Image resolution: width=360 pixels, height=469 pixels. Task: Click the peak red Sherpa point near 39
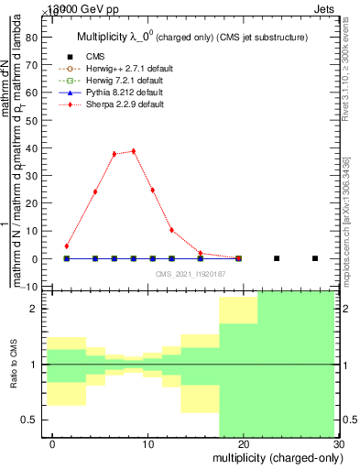(x=134, y=151)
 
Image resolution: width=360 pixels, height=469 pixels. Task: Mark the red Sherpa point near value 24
(x=95, y=191)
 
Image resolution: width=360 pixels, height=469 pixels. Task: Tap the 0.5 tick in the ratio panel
(x=36, y=420)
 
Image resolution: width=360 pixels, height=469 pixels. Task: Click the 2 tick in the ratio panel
(x=39, y=310)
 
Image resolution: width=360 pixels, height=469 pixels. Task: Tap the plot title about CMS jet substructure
(x=192, y=37)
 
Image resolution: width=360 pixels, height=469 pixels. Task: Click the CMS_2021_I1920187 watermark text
(x=191, y=274)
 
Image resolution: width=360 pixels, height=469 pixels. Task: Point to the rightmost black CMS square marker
(x=315, y=258)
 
